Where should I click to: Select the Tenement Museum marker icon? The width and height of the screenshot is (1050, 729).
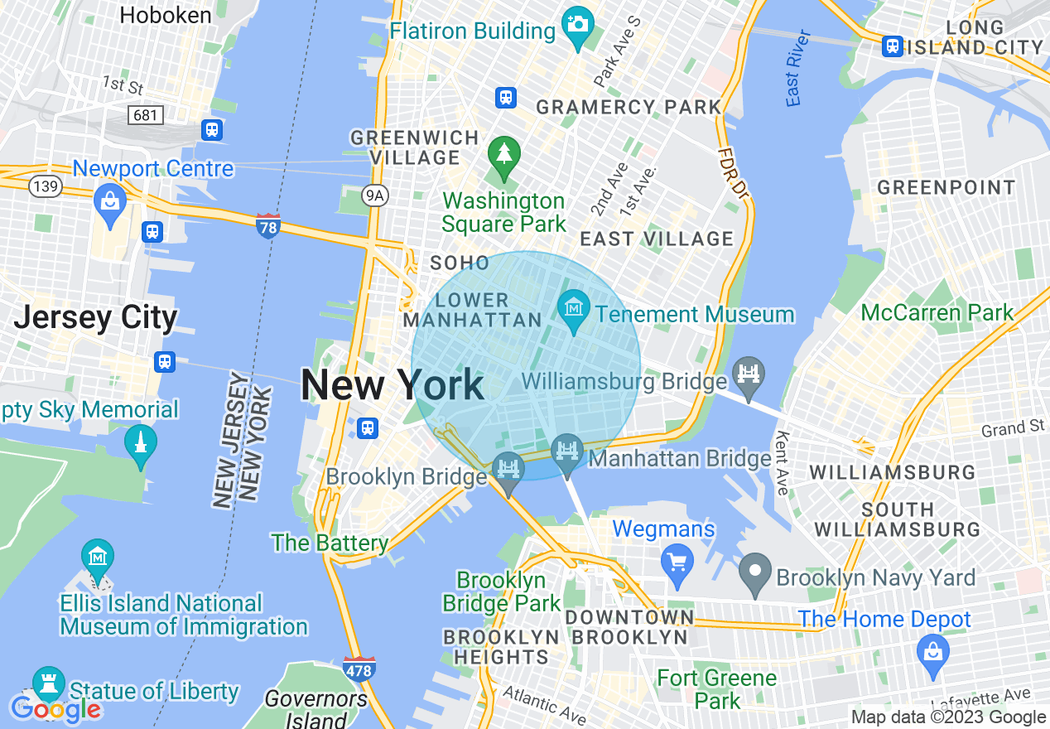coord(573,309)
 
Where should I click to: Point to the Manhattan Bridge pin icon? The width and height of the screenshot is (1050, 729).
coord(567,453)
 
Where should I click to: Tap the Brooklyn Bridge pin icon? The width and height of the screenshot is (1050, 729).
coord(508,470)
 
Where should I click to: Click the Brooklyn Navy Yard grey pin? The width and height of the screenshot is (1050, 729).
coord(754,572)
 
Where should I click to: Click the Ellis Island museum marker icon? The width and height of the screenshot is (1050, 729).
coord(98,558)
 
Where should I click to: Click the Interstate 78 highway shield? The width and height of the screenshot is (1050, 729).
coord(268,226)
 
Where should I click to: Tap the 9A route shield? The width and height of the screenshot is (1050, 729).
coord(376,195)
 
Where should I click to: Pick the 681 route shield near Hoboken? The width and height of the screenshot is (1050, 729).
coord(146,114)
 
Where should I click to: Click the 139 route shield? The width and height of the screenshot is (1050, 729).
coord(45,186)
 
